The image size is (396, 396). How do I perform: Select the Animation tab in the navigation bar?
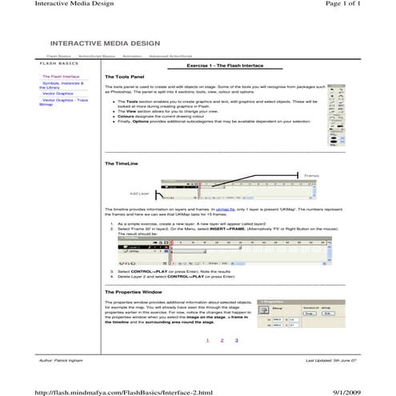133,57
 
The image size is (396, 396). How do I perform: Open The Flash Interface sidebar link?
61,76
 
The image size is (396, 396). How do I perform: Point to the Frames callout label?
312,174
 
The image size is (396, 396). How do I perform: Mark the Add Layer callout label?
138,193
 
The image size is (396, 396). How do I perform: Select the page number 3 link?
237,340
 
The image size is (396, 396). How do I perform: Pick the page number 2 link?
222,340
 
